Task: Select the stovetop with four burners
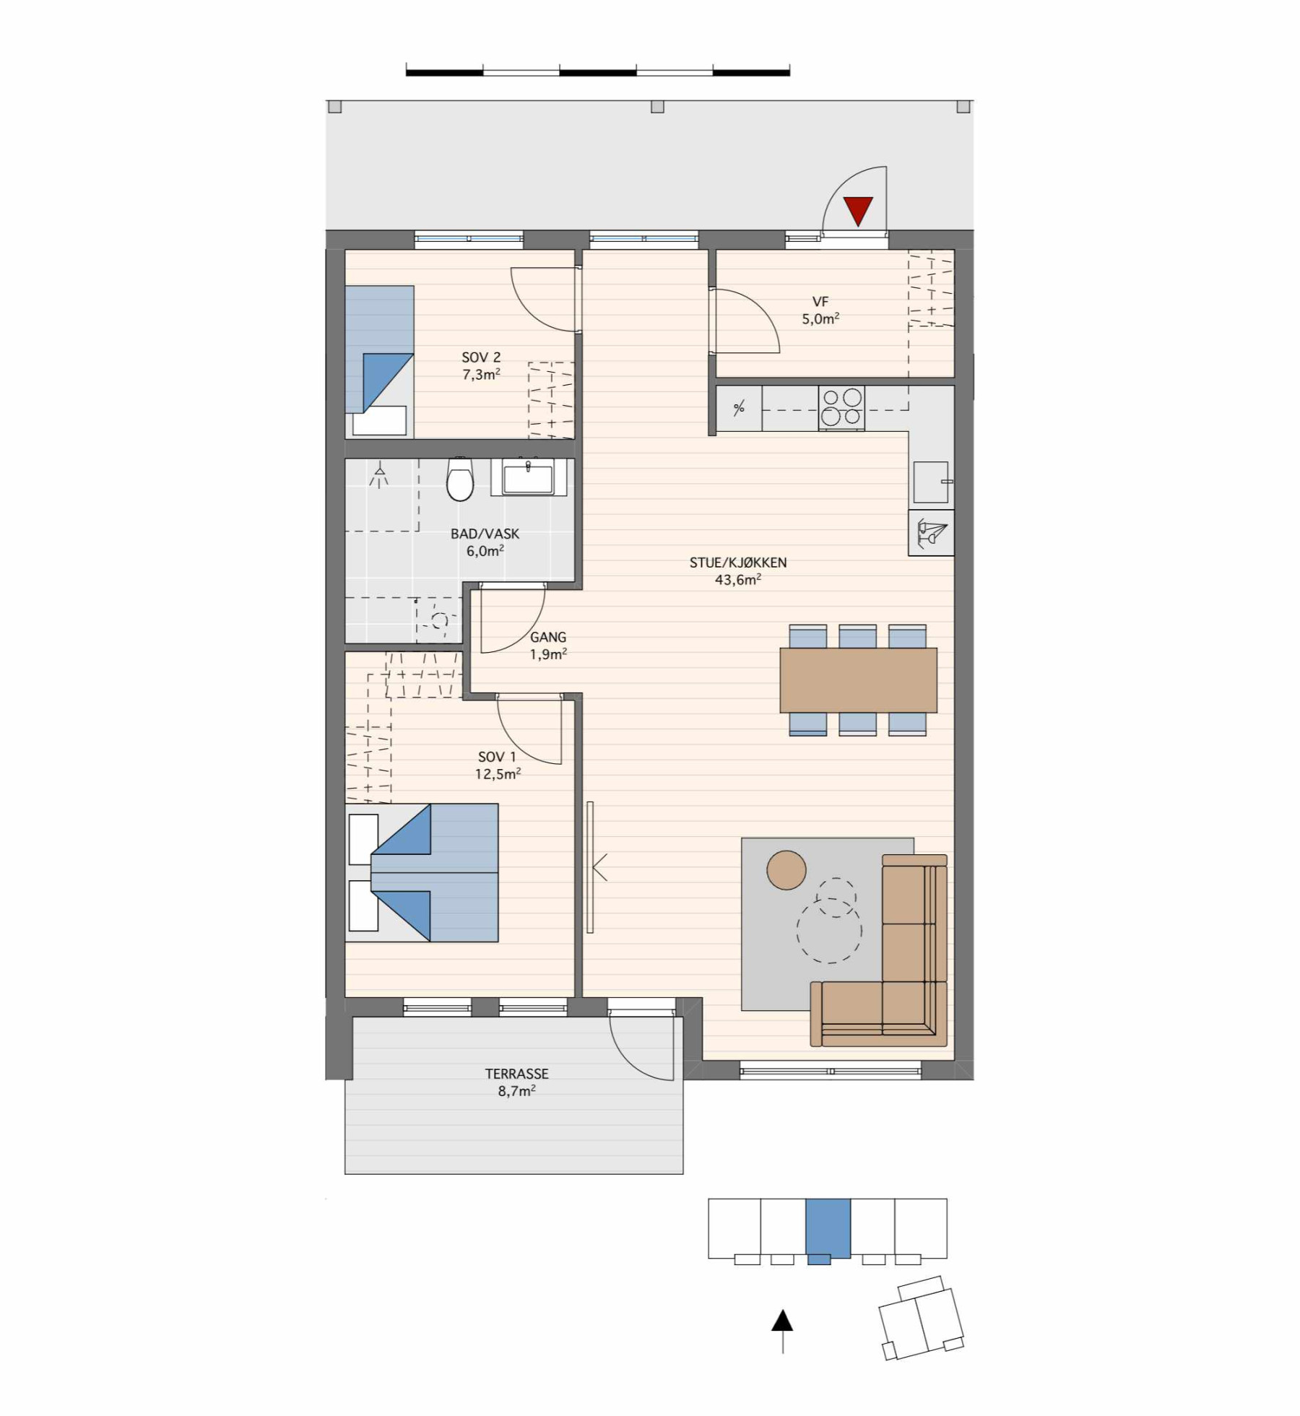click(841, 408)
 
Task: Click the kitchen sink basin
click(931, 482)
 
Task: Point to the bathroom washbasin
click(529, 477)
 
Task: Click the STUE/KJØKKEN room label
click(738, 563)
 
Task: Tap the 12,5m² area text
click(498, 774)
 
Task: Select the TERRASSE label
click(517, 1074)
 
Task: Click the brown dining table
click(858, 680)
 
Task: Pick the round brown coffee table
click(786, 869)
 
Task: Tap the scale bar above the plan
click(598, 71)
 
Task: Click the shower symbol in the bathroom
click(379, 476)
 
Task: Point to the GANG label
click(548, 638)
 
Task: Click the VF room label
click(820, 302)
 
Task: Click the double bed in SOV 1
click(422, 873)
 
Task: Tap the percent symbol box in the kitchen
click(739, 408)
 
